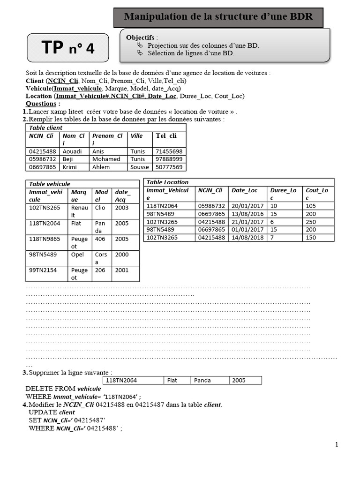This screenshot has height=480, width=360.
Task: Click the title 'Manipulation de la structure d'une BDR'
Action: [218, 17]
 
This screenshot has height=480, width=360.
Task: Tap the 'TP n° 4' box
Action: [68, 48]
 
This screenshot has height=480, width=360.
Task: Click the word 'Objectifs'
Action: [141, 37]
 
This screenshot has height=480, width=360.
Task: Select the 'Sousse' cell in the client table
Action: [139, 167]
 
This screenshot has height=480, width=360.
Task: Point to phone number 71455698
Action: [169, 151]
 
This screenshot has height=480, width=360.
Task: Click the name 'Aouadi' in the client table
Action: [72, 151]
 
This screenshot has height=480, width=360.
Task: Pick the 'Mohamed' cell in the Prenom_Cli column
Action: [106, 159]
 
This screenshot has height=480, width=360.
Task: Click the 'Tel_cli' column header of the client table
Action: [166, 136]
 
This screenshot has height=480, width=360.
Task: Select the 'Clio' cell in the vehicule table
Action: [100, 208]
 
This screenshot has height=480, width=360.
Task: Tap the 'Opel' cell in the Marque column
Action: [77, 255]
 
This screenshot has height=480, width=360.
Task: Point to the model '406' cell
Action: [99, 239]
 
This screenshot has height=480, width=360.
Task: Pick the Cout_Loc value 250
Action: [311, 222]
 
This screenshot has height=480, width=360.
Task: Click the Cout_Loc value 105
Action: [311, 206]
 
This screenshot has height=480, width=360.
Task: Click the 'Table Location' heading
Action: [167, 182]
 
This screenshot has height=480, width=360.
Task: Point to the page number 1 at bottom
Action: [337, 444]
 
